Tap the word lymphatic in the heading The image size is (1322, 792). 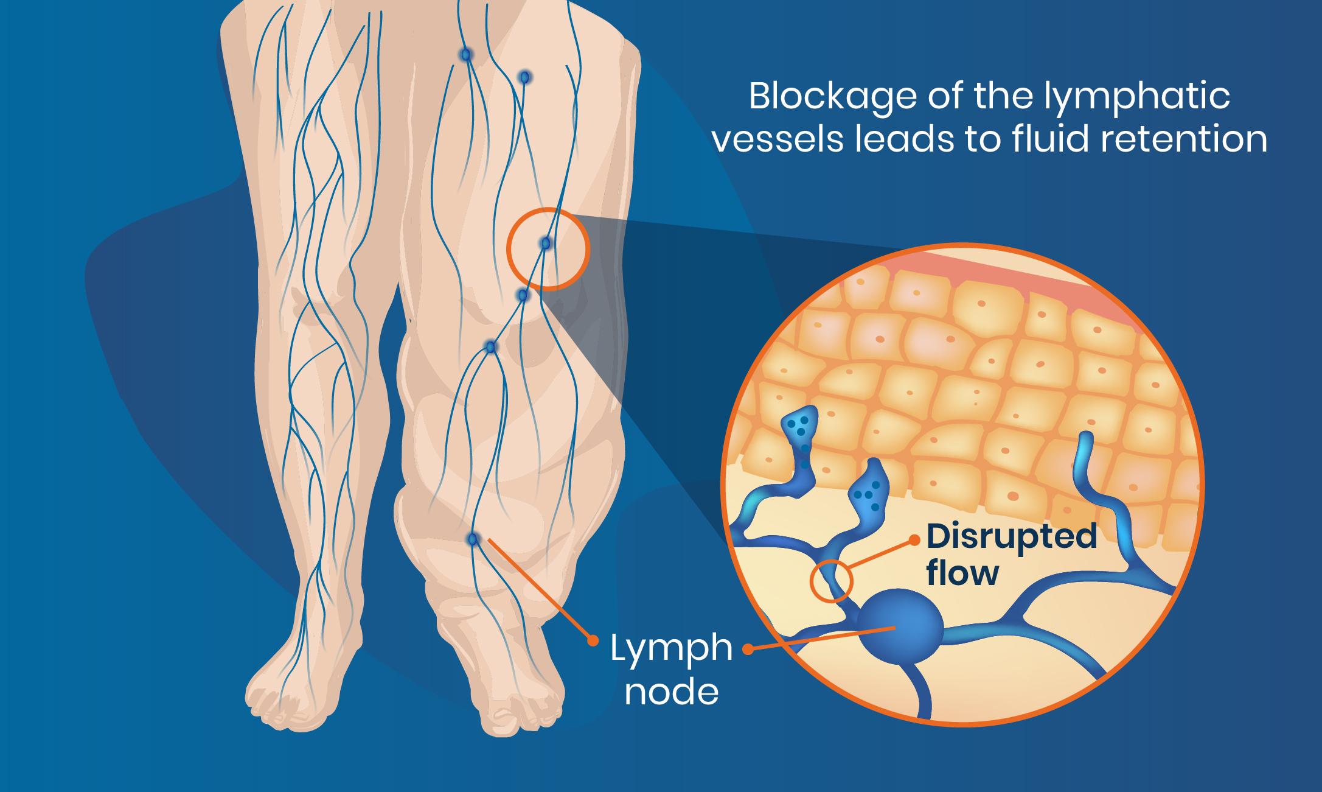pyautogui.click(x=1137, y=97)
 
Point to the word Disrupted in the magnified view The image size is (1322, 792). pyautogui.click(x=1012, y=537)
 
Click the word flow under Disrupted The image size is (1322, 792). pyautogui.click(x=962, y=573)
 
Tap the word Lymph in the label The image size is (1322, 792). pyautogui.click(x=671, y=648)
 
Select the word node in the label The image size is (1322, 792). pyautogui.click(x=672, y=692)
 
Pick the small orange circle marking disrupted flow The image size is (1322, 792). pyautogui.click(x=831, y=581)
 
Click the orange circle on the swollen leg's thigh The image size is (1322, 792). pyautogui.click(x=548, y=249)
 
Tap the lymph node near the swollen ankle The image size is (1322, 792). pyautogui.click(x=473, y=539)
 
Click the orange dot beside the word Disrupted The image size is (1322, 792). pyautogui.click(x=914, y=541)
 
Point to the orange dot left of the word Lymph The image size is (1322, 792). pyautogui.click(x=593, y=640)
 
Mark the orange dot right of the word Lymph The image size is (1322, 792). pyautogui.click(x=748, y=650)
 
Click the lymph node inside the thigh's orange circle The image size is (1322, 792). pyautogui.click(x=546, y=244)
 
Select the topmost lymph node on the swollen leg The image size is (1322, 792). pyautogui.click(x=466, y=55)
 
